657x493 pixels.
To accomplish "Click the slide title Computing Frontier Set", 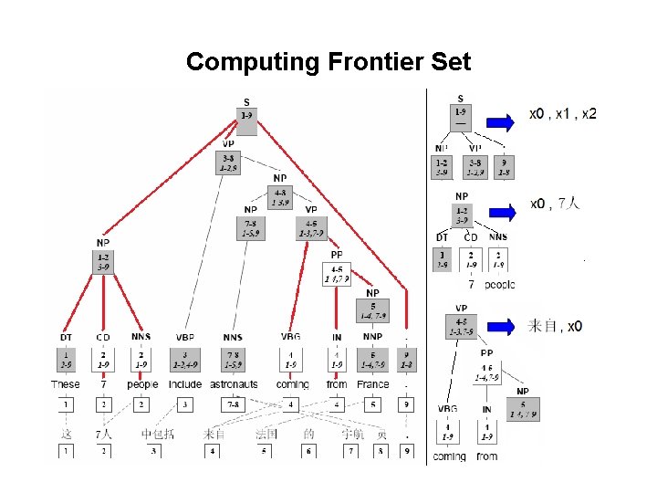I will click(x=328, y=62).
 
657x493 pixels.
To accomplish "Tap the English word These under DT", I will click(x=66, y=384).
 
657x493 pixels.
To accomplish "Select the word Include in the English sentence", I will click(x=185, y=384).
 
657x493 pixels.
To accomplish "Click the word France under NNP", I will click(x=372, y=384).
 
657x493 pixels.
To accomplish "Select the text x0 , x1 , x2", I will click(x=564, y=115).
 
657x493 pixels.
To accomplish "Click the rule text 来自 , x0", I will click(x=556, y=326).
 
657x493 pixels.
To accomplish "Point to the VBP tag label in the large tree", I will click(x=185, y=338).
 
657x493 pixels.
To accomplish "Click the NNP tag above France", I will click(x=372, y=338).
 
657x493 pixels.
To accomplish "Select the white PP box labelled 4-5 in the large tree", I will click(x=338, y=273).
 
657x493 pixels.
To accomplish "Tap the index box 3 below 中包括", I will click(x=153, y=450).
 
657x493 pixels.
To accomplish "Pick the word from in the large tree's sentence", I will click(x=337, y=384).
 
